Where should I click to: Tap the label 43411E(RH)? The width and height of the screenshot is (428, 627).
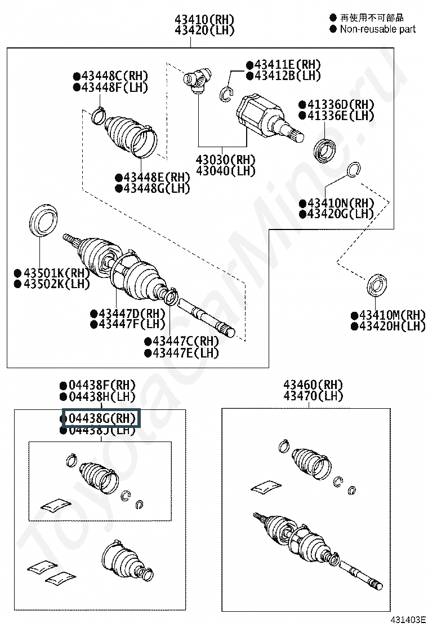coord(283,64)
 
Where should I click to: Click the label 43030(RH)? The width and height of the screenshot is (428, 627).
coord(225,160)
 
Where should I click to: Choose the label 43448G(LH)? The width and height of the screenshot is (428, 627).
coord(153,188)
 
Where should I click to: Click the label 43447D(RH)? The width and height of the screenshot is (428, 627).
coord(128,313)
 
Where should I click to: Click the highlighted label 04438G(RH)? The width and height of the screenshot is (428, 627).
coord(101,418)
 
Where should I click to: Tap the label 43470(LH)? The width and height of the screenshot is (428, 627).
coord(313,396)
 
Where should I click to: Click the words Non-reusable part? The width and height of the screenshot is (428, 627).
coord(377,29)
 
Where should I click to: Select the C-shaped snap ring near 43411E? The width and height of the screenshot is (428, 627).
coord(226,94)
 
